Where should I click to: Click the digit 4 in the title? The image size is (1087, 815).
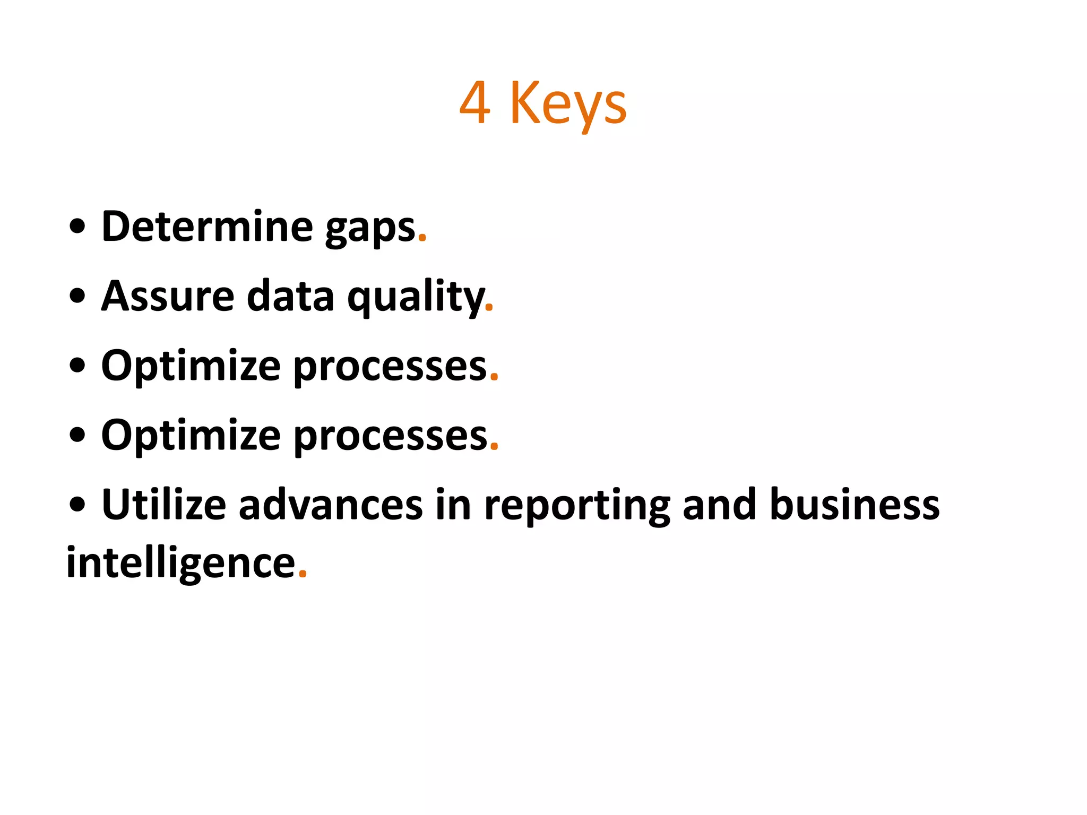pyautogui.click(x=475, y=103)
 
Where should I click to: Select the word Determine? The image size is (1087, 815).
pyautogui.click(x=207, y=227)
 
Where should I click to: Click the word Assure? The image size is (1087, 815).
pyautogui.click(x=168, y=296)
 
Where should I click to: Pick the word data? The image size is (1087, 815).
pyautogui.click(x=290, y=296)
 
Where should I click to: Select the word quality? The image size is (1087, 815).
pyautogui.click(x=416, y=297)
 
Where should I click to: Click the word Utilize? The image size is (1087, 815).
pyautogui.click(x=163, y=505)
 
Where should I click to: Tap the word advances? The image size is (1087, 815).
pyautogui.click(x=331, y=505)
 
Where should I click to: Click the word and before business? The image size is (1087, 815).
pyautogui.click(x=719, y=505)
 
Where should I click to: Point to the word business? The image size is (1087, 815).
pyautogui.click(x=855, y=505)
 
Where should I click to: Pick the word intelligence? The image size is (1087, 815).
pyautogui.click(x=180, y=563)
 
